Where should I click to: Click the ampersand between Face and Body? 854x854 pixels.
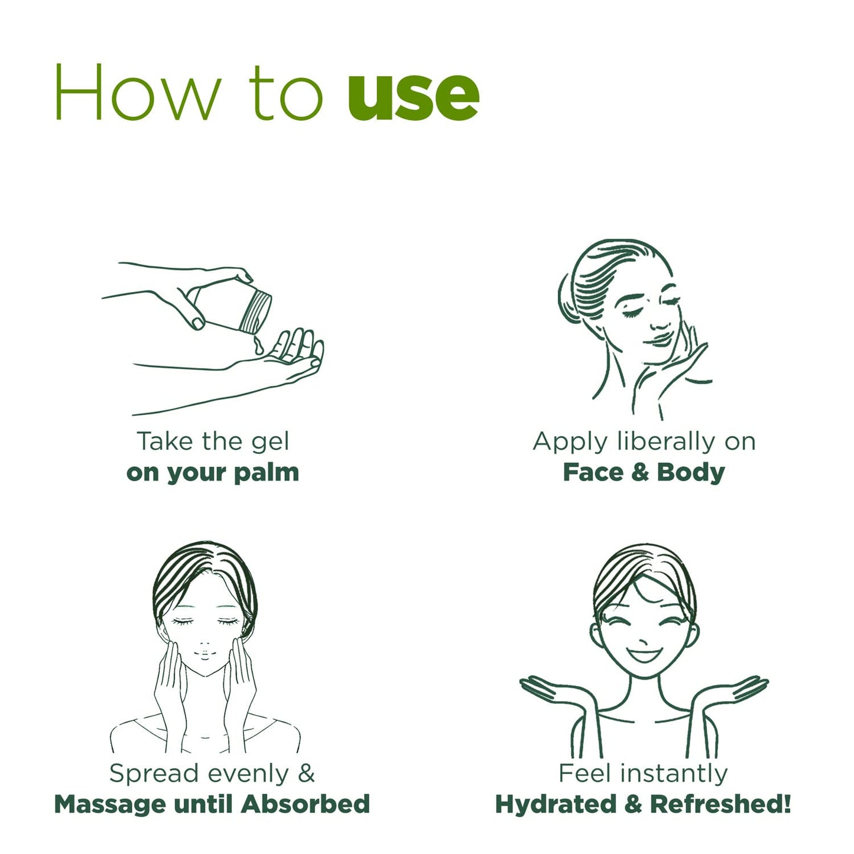point(640,472)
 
